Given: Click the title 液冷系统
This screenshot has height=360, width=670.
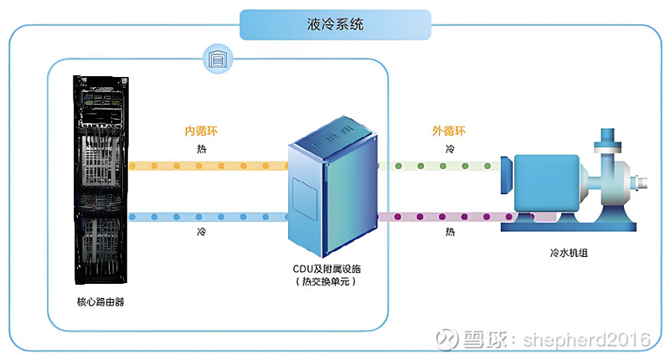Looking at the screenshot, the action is (x=335, y=24).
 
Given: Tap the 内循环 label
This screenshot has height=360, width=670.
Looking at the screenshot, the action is (x=201, y=131).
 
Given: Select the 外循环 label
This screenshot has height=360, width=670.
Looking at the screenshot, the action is (x=449, y=131).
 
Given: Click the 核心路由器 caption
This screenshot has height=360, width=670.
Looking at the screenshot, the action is (x=100, y=302).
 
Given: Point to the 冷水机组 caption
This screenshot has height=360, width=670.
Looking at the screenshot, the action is (x=569, y=253).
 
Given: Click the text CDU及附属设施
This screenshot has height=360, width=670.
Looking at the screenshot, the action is (x=327, y=269).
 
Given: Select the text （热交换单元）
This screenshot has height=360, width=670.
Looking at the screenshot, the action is (x=326, y=281).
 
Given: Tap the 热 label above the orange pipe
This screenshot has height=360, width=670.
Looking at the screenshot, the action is (x=201, y=149).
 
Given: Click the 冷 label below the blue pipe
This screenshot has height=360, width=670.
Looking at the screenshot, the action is (x=201, y=232).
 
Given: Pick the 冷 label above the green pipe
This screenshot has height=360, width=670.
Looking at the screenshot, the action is (x=450, y=149).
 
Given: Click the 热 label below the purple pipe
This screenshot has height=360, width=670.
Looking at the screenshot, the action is (x=450, y=232).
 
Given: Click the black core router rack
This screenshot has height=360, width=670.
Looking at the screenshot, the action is (x=100, y=179).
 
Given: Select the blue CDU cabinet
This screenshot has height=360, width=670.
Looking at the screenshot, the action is (x=332, y=187).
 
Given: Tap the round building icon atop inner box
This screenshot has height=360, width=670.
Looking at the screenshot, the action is (x=218, y=59).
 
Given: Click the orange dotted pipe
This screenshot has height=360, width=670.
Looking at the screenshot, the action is (x=209, y=166).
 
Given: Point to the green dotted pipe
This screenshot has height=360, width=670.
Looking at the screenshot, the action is (x=439, y=166).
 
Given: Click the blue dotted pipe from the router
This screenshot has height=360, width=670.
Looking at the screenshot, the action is (x=209, y=217).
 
